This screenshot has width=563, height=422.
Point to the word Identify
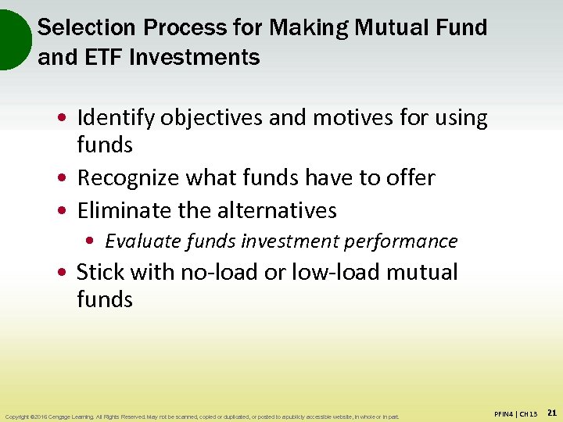coord(116,118)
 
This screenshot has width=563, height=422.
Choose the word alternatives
coord(272,210)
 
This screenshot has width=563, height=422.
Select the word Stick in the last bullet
coord(100,272)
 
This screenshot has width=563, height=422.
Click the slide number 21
coord(550,412)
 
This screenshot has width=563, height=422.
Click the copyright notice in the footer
coord(202,417)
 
